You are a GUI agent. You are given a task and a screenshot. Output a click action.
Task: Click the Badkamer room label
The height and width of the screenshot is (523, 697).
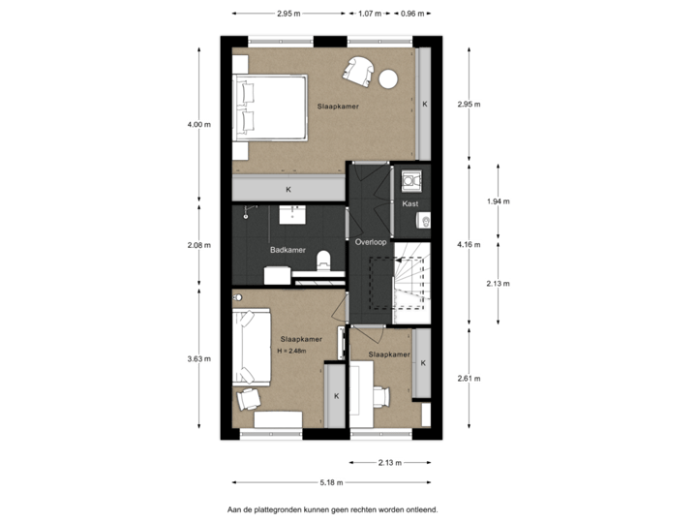point(288,250)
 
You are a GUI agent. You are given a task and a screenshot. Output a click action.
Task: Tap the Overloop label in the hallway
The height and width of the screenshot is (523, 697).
point(371,241)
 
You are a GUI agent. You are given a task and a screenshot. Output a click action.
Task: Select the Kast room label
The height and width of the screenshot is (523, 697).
point(409,205)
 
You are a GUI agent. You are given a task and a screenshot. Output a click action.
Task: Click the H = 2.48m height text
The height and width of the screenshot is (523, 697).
point(291,352)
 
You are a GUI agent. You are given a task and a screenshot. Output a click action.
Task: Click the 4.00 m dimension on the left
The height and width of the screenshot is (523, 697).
point(199,124)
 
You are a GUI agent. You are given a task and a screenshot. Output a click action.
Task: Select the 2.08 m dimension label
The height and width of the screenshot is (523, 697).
point(199,246)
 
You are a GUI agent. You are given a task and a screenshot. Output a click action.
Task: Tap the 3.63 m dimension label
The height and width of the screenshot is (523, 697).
point(199,358)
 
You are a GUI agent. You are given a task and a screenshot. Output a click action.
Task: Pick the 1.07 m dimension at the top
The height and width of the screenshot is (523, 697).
point(369,14)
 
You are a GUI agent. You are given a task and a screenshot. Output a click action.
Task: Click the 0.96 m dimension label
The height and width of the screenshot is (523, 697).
point(413,14)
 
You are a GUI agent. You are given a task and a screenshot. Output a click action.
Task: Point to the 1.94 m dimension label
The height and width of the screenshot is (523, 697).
point(498,201)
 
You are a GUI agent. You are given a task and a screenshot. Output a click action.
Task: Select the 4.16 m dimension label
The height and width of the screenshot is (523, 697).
point(469,246)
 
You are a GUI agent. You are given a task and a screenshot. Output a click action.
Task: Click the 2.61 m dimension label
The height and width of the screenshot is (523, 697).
point(469,377)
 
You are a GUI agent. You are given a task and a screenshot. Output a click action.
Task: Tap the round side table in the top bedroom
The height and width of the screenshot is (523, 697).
point(389,78)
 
